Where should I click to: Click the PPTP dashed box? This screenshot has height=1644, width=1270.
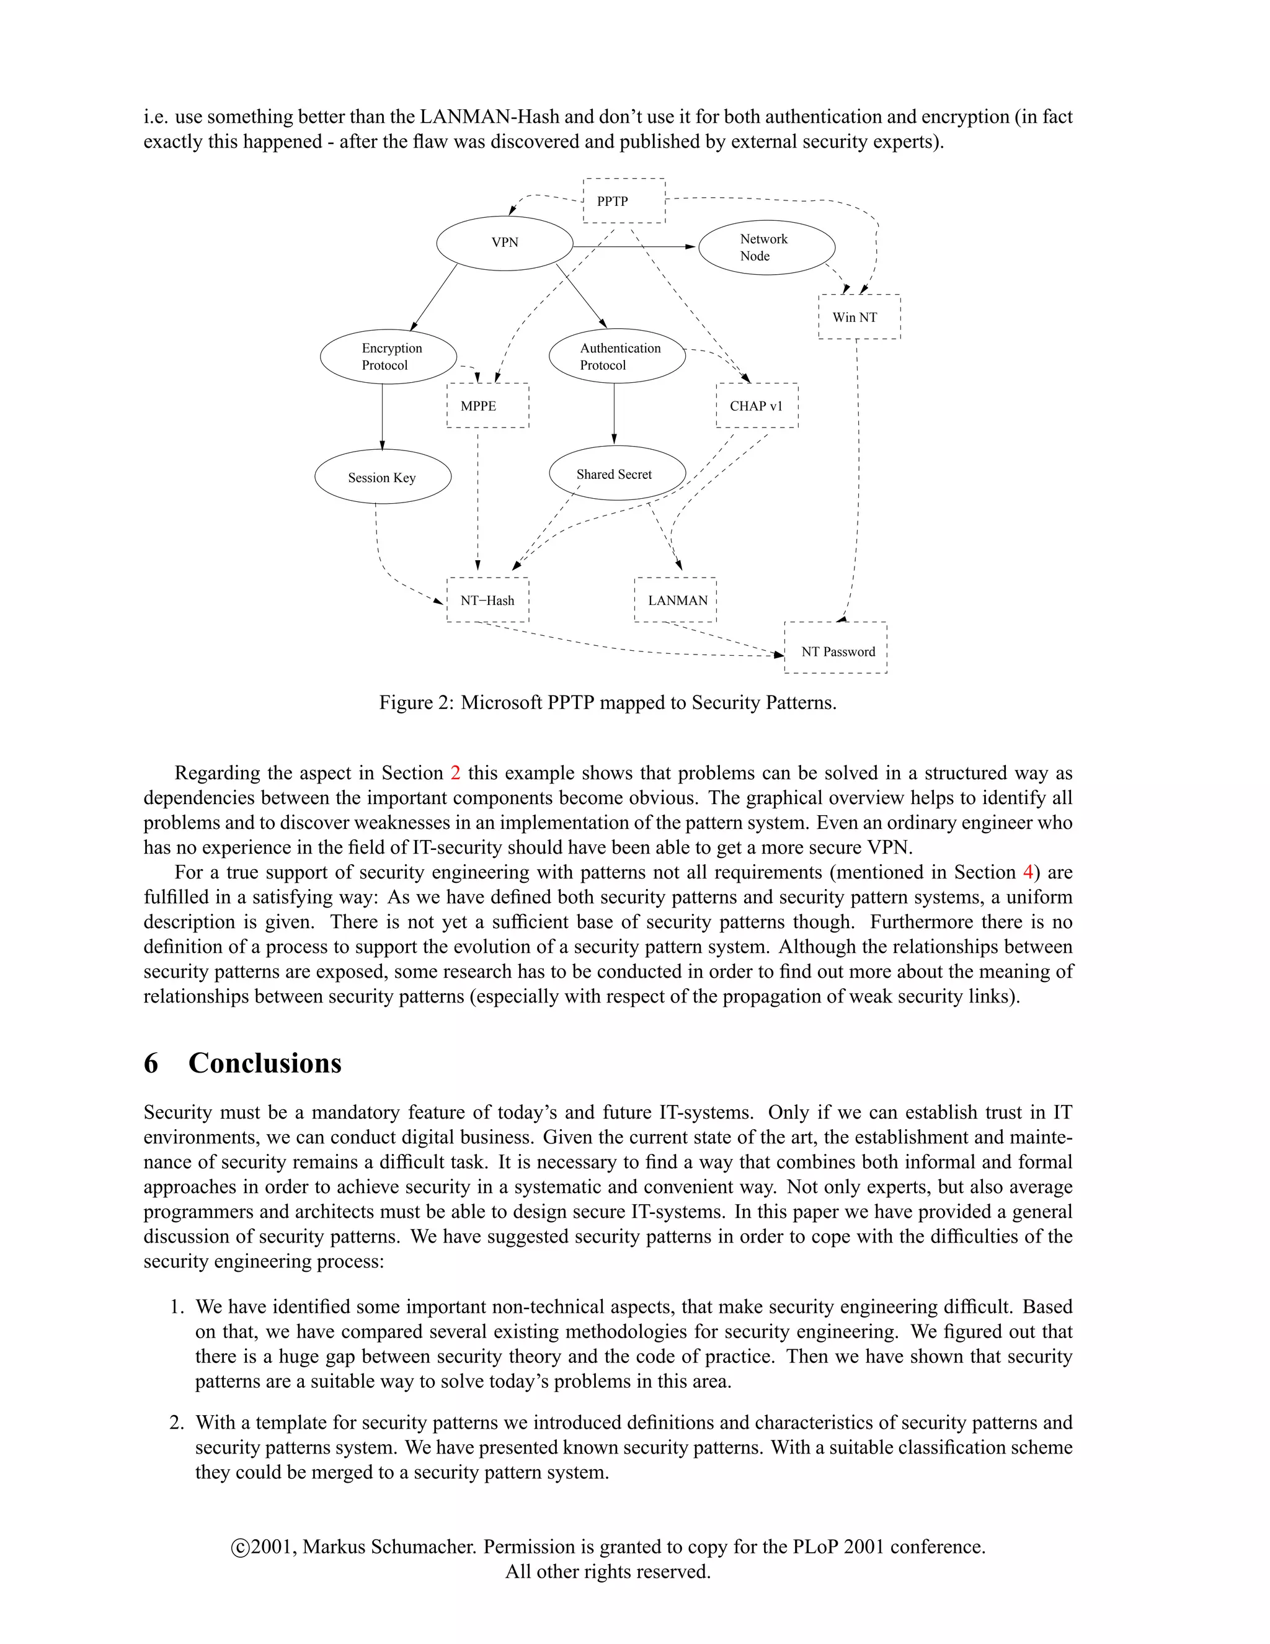click(624, 201)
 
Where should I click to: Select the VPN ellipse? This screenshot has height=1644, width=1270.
click(505, 243)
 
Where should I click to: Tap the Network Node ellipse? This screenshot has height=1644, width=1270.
click(766, 248)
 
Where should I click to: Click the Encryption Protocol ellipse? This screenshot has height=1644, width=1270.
click(388, 357)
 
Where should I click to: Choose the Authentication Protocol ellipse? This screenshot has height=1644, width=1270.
click(617, 356)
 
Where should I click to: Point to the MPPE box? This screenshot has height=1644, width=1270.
click(487, 406)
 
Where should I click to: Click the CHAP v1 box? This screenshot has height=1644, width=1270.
click(757, 406)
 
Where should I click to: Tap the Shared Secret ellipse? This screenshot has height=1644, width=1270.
click(617, 474)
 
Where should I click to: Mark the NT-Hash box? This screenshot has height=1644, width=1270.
click(487, 600)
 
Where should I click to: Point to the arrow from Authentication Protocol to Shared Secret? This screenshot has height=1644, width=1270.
click(614, 414)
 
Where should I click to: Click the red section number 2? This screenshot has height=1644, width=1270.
click(455, 773)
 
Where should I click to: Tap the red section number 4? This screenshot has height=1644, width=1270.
click(1028, 872)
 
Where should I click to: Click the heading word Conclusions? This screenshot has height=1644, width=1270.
click(265, 1063)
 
